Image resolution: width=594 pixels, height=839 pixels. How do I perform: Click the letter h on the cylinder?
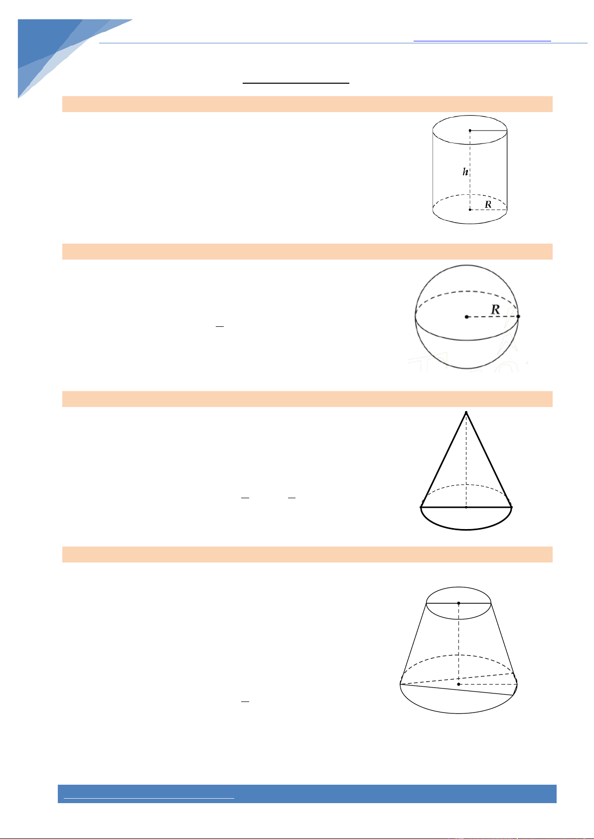(465, 171)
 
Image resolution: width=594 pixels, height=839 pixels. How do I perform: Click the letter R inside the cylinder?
(488, 204)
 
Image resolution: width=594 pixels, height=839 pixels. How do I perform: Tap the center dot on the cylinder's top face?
(470, 131)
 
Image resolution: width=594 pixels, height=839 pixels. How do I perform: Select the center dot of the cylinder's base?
(470, 210)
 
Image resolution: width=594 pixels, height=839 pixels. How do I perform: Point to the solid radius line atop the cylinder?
(489, 131)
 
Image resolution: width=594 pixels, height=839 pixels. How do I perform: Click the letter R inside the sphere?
(495, 309)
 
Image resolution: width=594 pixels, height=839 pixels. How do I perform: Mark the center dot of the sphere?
(466, 317)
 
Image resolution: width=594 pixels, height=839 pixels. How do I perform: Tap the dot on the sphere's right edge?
(518, 316)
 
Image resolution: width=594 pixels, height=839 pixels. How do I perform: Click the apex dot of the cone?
(466, 413)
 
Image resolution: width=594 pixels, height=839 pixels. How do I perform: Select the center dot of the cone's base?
(466, 507)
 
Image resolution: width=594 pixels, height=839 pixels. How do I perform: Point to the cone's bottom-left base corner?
(421, 507)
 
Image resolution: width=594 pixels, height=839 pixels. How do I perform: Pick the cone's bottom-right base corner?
(512, 507)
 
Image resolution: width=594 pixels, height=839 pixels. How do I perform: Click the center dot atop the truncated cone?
(459, 603)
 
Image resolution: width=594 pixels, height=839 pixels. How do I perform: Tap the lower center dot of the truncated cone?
(459, 684)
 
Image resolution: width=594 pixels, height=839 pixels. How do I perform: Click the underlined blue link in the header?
(482, 40)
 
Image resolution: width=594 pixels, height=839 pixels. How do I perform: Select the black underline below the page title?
(296, 83)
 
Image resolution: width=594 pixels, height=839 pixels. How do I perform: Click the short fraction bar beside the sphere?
(220, 327)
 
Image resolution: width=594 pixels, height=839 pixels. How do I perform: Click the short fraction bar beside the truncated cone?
(245, 701)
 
